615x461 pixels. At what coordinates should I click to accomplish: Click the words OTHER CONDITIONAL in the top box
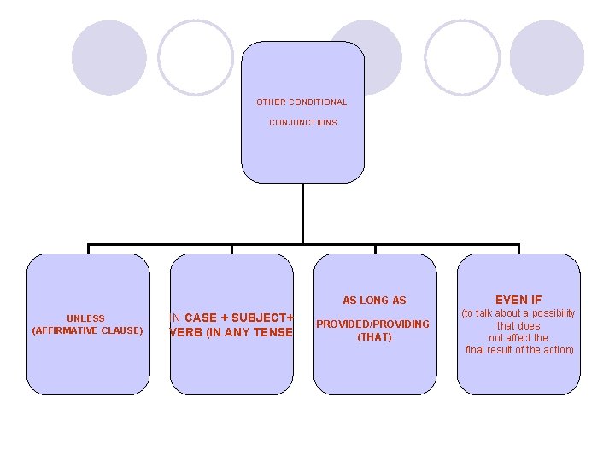click(302, 102)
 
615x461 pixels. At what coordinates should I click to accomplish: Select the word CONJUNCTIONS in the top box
click(303, 123)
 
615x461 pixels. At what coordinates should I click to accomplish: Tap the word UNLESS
click(86, 318)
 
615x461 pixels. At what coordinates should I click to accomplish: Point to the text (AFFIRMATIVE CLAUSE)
click(87, 330)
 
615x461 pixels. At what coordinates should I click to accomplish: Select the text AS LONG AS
click(374, 301)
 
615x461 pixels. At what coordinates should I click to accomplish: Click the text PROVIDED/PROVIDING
click(373, 324)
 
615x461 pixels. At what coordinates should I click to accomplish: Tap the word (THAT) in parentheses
click(374, 337)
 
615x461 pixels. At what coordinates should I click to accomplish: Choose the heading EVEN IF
click(518, 300)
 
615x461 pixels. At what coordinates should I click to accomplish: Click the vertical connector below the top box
click(302, 213)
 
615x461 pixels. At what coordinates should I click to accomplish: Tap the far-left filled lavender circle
click(108, 57)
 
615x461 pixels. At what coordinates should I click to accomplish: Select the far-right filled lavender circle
click(547, 57)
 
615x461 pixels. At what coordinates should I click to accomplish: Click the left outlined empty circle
click(196, 57)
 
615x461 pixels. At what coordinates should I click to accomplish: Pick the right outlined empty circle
click(462, 57)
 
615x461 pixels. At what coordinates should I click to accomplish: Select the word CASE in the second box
click(201, 318)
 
